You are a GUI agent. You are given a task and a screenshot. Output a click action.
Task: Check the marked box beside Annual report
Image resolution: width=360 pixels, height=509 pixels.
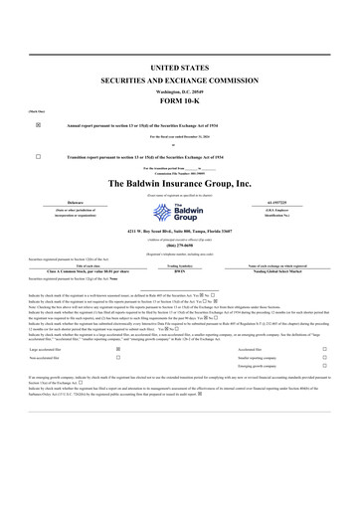point(38,126)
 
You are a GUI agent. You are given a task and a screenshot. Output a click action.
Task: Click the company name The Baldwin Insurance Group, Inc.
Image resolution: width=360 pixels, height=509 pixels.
point(179,184)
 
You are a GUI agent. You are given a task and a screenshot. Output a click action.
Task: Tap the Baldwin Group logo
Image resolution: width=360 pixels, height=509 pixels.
point(179,212)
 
